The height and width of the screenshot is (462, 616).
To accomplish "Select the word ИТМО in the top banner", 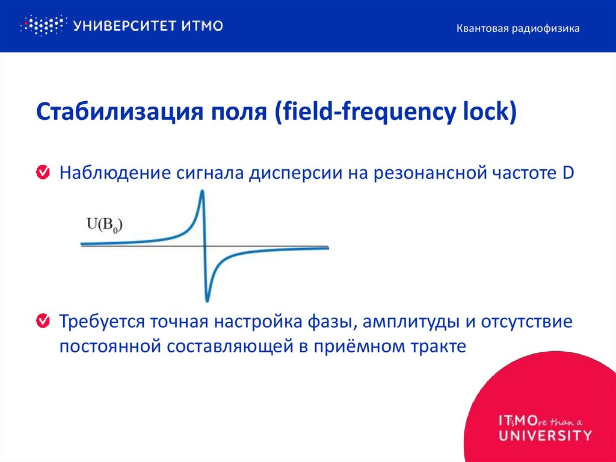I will coord(202,25).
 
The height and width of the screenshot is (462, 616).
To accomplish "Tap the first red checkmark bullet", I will coord(43,173).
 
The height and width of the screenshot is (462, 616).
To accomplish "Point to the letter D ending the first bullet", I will coord(568,173).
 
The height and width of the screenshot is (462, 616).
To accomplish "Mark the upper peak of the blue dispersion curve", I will coord(203,192).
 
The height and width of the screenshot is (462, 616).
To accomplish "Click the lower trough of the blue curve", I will coord(207,299).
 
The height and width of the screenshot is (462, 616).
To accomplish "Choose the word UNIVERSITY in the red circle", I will coord(545,434).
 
